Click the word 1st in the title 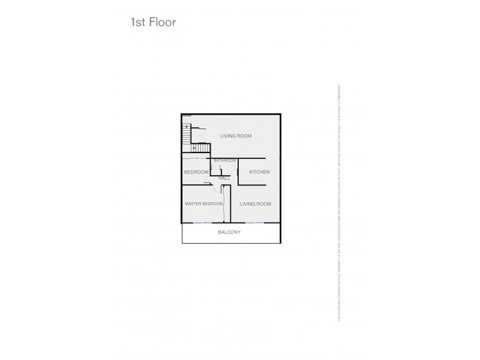click(138, 23)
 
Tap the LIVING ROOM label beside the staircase click(235, 136)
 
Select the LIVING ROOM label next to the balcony click(255, 204)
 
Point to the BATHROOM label click(225, 161)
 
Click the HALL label click(224, 178)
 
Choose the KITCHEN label click(259, 172)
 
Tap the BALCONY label click(229, 232)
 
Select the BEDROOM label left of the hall click(196, 172)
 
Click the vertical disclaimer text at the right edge click(339, 204)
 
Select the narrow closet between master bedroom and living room click(226, 204)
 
